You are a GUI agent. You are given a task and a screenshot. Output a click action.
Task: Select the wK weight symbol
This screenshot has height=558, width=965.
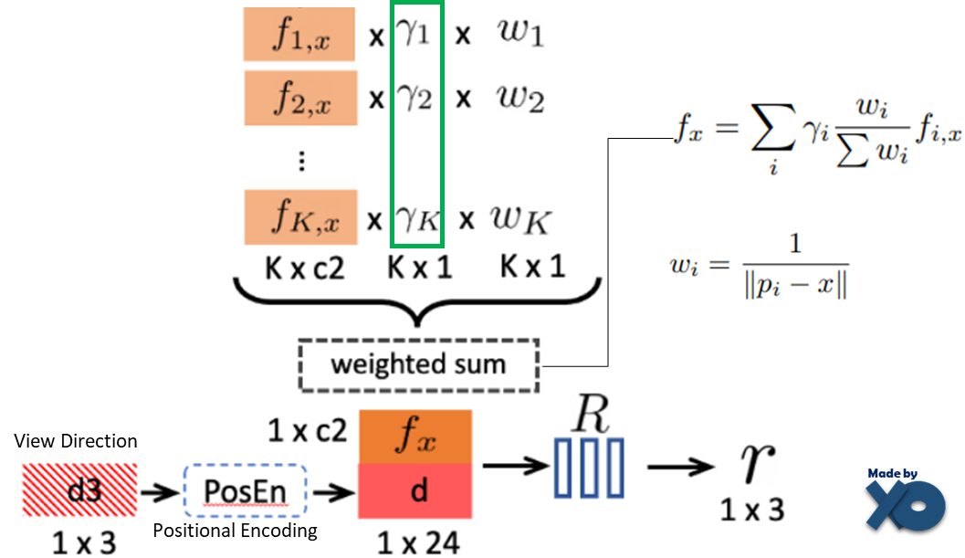coord(521,219)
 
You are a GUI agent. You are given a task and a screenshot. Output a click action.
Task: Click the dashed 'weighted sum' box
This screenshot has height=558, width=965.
coord(418,365)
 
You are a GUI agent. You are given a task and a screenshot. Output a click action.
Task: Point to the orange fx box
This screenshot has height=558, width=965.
coord(416,437)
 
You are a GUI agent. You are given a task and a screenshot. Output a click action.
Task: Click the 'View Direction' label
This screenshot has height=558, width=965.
coord(76,442)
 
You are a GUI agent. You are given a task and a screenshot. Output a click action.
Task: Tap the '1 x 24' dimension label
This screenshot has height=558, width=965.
coord(418,542)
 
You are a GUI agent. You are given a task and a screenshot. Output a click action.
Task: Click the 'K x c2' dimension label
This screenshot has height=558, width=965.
coord(304,267)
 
